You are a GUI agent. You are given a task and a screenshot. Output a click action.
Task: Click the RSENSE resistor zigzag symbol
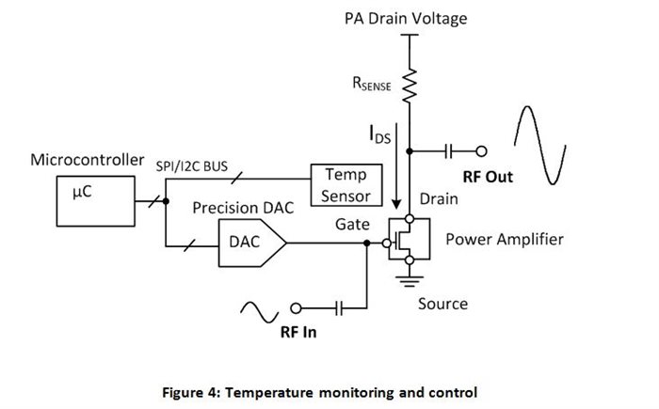tap(410, 86)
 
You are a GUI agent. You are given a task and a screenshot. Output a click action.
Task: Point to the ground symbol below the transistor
tap(410, 280)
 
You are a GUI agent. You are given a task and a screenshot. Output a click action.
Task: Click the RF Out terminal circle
tap(482, 150)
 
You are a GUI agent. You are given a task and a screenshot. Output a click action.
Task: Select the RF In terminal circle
tap(296, 308)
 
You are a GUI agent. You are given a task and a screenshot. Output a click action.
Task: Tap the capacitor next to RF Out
tap(448, 150)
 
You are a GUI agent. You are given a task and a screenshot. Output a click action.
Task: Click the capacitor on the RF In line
tap(340, 308)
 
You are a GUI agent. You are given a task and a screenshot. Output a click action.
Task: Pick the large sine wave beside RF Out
tap(539, 145)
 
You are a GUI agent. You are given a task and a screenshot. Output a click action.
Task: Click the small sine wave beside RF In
tap(259, 312)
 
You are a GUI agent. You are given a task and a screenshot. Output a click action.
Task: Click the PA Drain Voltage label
tap(406, 19)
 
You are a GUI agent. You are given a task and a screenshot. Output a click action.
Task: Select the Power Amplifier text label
tap(505, 240)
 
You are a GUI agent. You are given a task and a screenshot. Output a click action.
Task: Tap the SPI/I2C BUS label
tap(192, 166)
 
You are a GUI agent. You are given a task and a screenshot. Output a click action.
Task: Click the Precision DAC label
tap(243, 208)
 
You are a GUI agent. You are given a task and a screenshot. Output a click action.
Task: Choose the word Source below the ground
tap(442, 304)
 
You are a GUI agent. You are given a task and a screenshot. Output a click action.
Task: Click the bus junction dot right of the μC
tap(166, 201)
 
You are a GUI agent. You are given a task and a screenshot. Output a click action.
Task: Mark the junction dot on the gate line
tap(366, 243)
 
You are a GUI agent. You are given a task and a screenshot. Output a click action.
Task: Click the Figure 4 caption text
tap(320, 393)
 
